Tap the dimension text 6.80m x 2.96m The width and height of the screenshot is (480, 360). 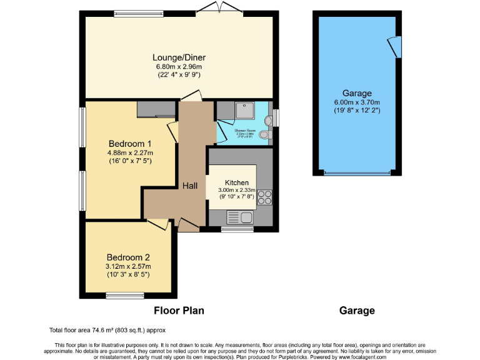coord(179,66)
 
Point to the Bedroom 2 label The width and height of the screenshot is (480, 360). coord(128,257)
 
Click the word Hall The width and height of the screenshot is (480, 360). coord(190,186)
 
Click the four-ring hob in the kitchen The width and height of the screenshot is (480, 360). coord(264,197)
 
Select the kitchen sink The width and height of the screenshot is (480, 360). coord(241,218)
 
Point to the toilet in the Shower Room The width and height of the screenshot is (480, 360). coord(265,134)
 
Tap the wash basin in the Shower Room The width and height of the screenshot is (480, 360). coord(269,119)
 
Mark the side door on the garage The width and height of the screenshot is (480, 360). coord(393,46)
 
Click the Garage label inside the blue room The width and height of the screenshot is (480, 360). coord(357,93)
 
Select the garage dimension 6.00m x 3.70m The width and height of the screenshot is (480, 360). coord(357,102)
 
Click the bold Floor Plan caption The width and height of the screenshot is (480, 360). coord(179,310)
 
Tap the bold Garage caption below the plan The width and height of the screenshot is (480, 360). coord(357,310)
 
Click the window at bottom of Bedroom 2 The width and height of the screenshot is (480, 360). coord(124,295)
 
